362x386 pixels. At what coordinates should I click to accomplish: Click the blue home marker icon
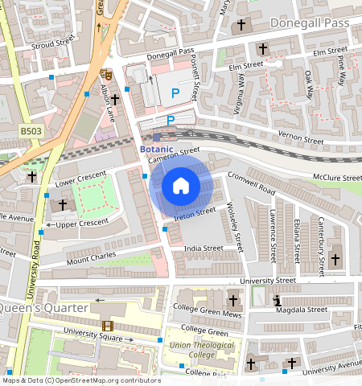point(181,187)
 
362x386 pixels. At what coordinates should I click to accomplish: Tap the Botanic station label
point(156,150)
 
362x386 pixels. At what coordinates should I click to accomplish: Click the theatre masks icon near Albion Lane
point(105,74)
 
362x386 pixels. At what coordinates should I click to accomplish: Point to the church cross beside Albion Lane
point(115,100)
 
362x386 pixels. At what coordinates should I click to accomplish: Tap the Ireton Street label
point(195,213)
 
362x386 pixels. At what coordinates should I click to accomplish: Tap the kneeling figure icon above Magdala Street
point(278,300)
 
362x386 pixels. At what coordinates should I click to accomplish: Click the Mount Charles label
point(90,258)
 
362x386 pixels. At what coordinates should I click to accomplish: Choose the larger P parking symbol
point(175,93)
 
